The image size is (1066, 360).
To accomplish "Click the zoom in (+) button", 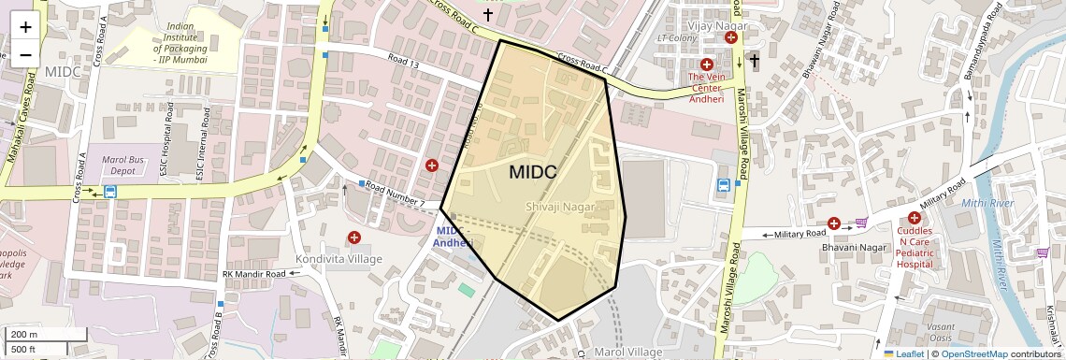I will pyautogui.click(x=25, y=27).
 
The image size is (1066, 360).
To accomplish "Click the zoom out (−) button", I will pyautogui.click(x=25, y=53).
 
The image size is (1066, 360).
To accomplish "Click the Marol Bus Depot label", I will pyautogui.click(x=123, y=165).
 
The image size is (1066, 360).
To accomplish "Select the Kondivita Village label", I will pyautogui.click(x=339, y=258).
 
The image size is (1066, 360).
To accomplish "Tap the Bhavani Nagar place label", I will pyautogui.click(x=820, y=250).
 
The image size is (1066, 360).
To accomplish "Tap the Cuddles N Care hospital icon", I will pyautogui.click(x=914, y=218).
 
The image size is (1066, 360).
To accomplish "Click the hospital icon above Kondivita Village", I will pyautogui.click(x=353, y=238).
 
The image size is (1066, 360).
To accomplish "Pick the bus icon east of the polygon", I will pyautogui.click(x=724, y=185).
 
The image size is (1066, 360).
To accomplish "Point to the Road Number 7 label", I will pyautogui.click(x=396, y=194).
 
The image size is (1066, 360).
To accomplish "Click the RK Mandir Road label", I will pyautogui.click(x=252, y=274).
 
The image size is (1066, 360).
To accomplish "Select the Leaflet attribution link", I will pyautogui.click(x=903, y=354).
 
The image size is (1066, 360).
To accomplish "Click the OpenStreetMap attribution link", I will pyautogui.click(x=973, y=354).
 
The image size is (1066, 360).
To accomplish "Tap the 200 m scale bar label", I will pyautogui.click(x=25, y=335).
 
